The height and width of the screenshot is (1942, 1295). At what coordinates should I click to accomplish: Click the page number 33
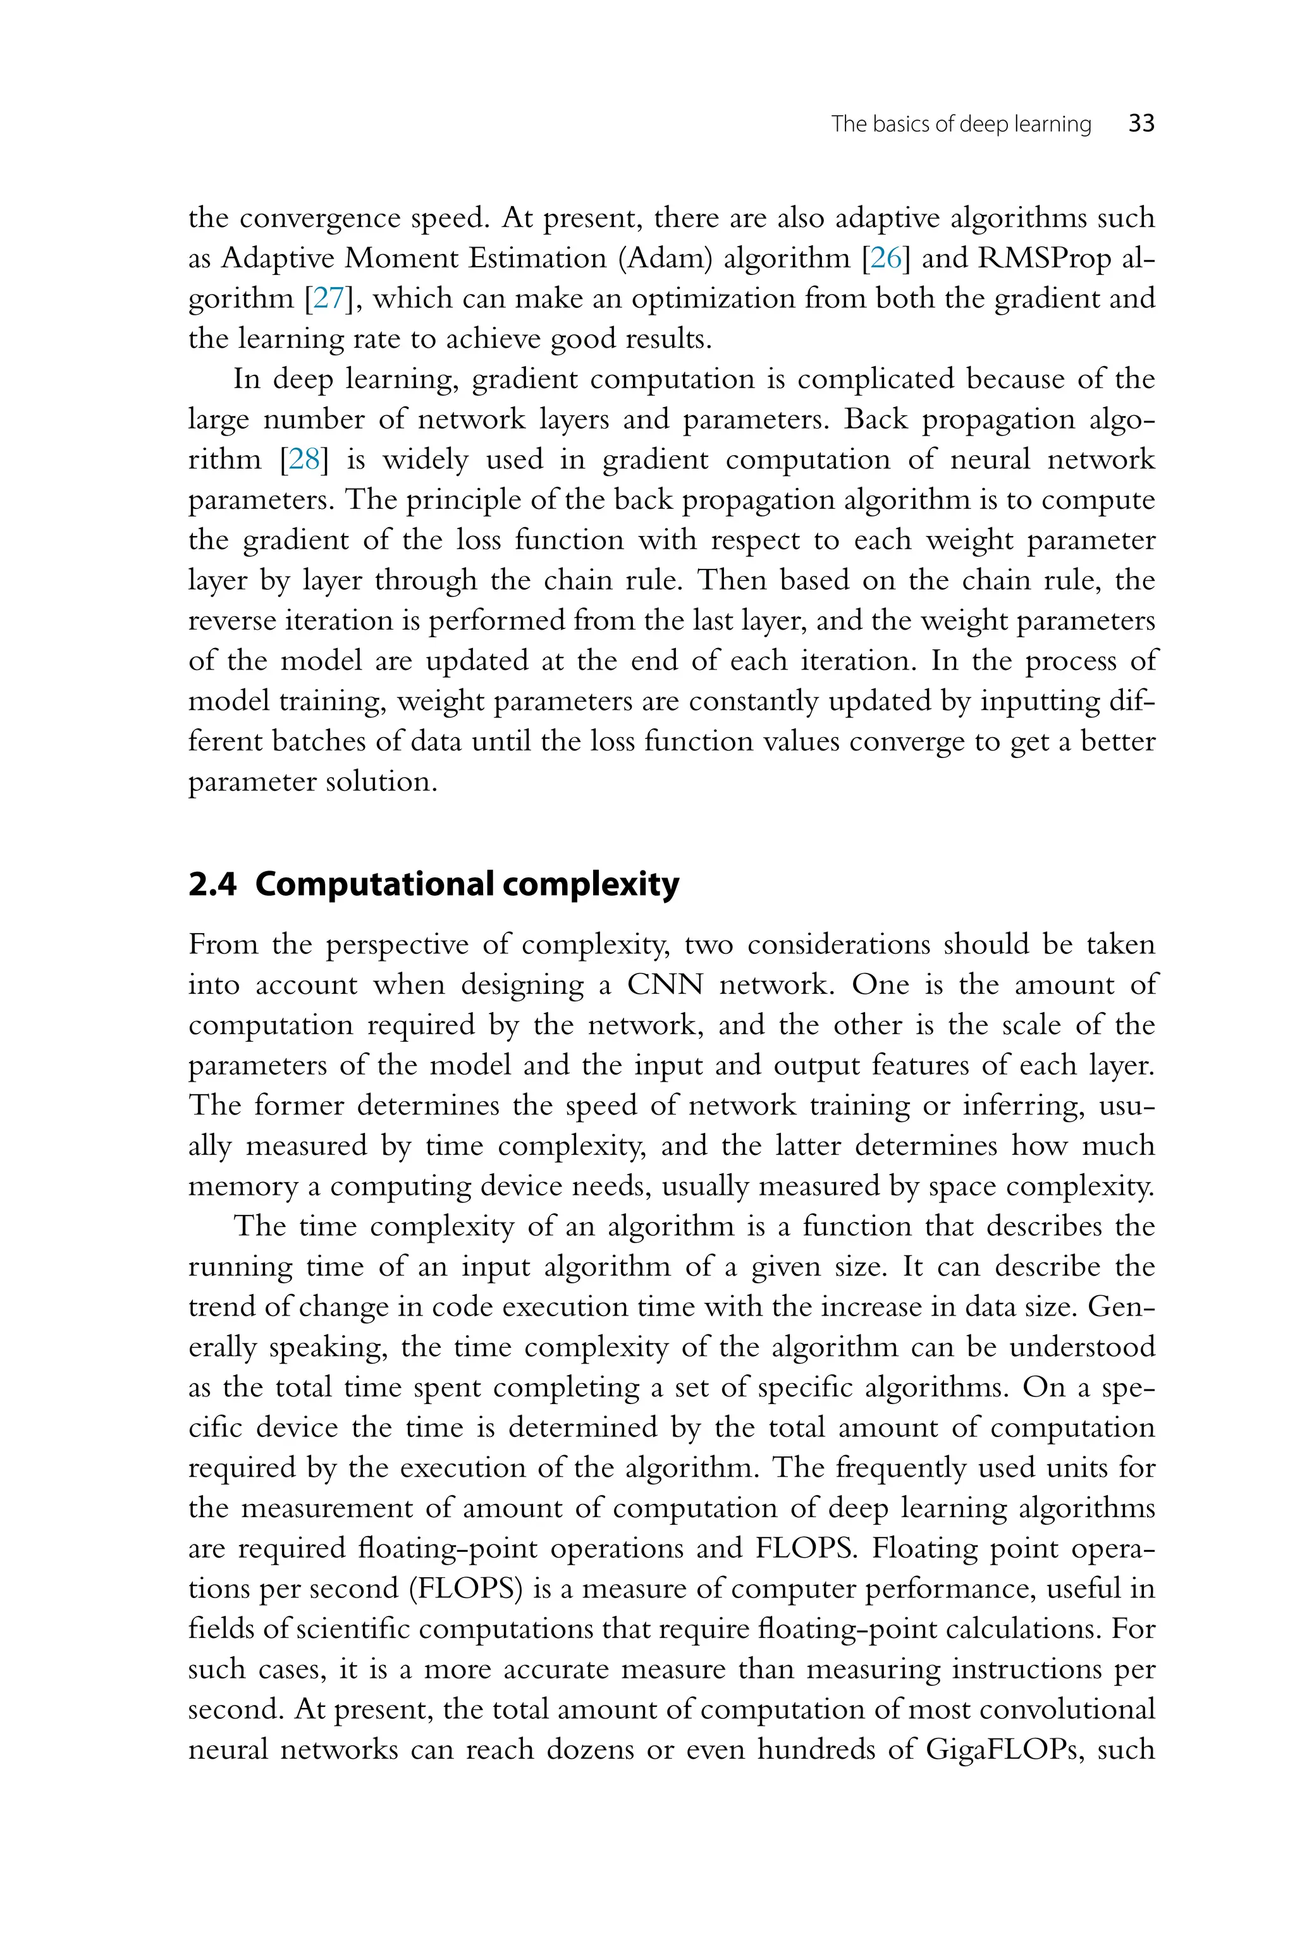1141,124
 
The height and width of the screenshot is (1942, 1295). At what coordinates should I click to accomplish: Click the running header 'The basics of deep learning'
961,124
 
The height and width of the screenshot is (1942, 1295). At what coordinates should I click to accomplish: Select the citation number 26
885,259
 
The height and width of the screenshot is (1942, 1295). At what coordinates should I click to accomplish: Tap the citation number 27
328,299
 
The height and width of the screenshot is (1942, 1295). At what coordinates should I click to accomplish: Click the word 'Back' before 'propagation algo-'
875,420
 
